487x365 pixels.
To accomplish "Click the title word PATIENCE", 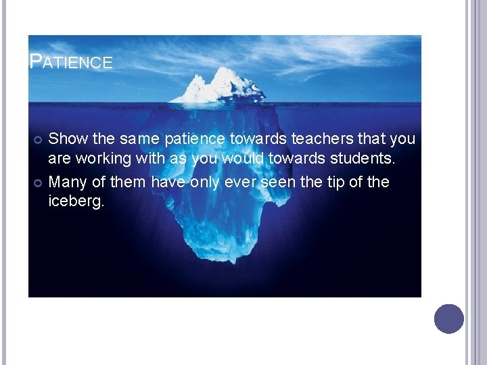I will [71, 62].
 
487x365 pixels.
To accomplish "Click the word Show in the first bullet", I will [69, 139].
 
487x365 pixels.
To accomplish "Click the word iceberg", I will [76, 202].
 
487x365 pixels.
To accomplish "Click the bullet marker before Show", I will [38, 140].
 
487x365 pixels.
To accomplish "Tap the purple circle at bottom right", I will [448, 318].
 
